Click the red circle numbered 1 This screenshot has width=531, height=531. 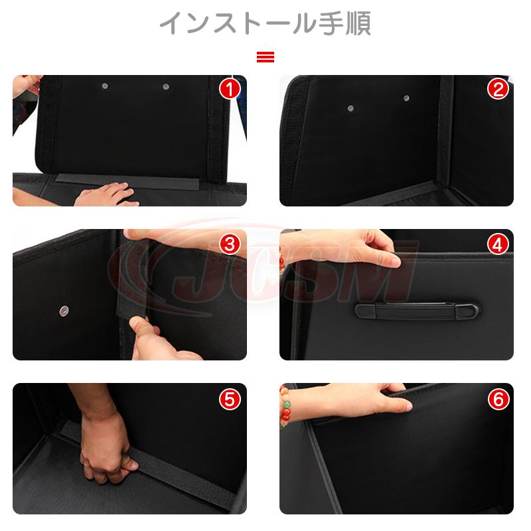tap(230, 90)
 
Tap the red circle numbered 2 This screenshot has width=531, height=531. tap(498, 90)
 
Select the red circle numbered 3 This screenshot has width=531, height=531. tap(230, 244)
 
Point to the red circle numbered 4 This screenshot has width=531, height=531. tap(498, 244)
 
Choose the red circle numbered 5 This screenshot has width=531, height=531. tap(230, 399)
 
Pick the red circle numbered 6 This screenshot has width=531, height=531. tap(498, 399)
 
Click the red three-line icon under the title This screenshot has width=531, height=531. tap(265, 57)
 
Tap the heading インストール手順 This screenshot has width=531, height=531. tap(265, 23)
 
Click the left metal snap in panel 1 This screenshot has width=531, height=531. tap(105, 86)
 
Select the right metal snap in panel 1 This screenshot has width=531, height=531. tap(165, 87)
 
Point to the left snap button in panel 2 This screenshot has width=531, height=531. tap(351, 108)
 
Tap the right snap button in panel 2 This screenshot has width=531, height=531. tap(406, 98)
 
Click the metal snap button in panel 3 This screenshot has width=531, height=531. tap(64, 310)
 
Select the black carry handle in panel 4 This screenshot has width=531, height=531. tap(417, 311)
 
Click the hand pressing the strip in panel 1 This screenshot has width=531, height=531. tap(105, 194)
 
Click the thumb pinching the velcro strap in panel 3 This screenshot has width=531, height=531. tap(144, 334)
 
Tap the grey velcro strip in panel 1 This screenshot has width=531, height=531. tap(127, 181)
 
